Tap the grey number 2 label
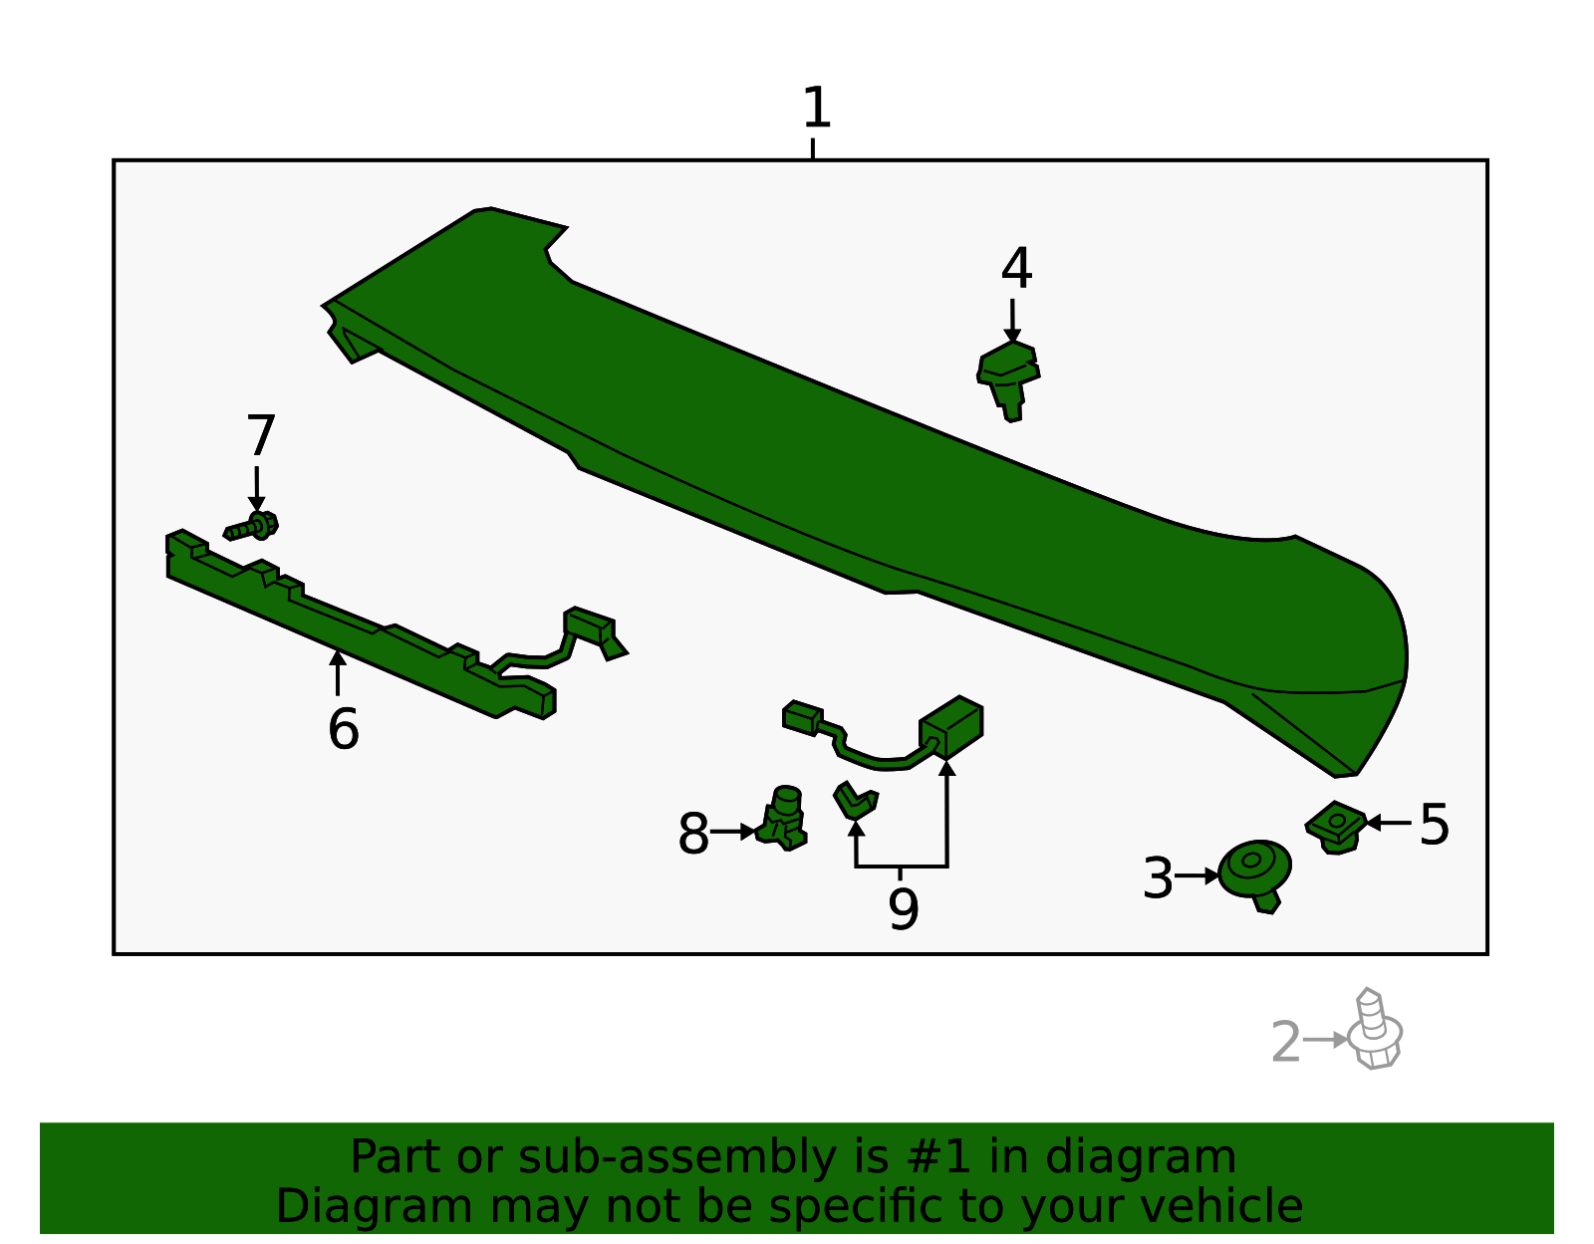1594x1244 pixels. (1286, 1043)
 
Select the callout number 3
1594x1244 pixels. (1158, 878)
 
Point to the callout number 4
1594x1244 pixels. (1016, 269)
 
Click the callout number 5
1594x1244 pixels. (1434, 825)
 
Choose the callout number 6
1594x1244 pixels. (343, 729)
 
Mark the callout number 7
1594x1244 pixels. (260, 436)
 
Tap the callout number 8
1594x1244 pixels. (693, 834)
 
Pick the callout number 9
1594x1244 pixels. (903, 909)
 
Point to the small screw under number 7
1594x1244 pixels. (252, 526)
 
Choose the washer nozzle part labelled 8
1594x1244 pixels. (783, 818)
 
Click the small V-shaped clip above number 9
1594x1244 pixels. (855, 799)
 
